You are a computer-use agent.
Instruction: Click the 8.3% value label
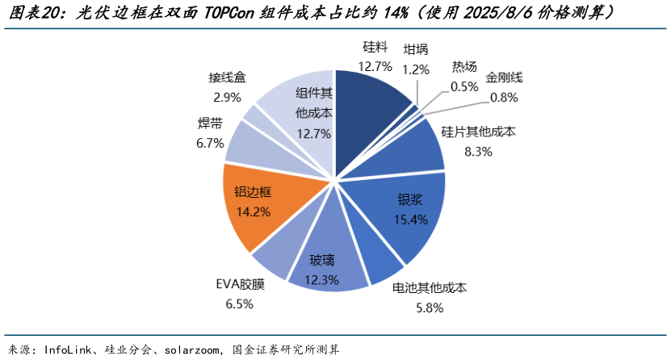click(478, 151)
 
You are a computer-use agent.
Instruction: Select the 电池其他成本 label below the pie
click(430, 288)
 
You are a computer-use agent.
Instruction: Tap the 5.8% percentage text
click(430, 307)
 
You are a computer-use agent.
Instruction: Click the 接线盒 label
click(227, 78)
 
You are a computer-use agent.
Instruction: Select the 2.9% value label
click(227, 97)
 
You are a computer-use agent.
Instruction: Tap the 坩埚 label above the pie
click(416, 50)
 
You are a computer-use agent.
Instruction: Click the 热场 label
click(464, 68)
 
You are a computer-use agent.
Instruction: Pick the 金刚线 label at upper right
click(504, 78)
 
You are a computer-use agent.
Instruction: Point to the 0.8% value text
click(504, 97)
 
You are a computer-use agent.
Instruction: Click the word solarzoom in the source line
click(190, 350)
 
